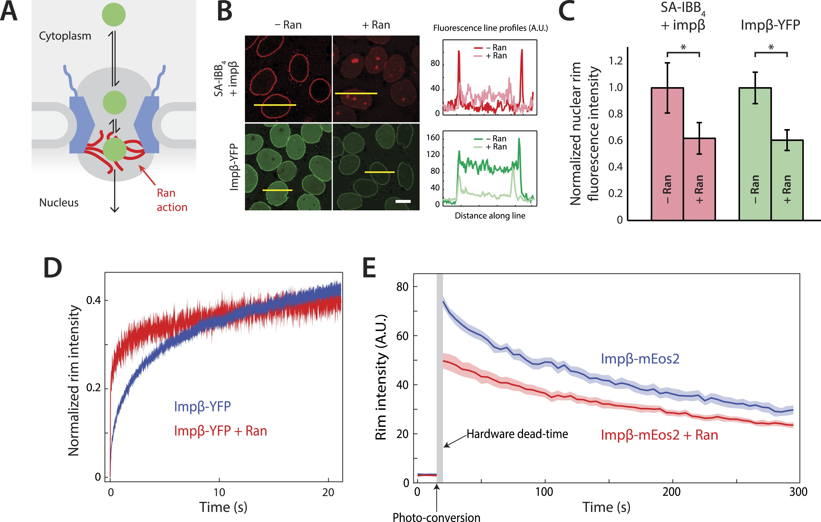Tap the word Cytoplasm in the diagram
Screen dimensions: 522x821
tap(65, 36)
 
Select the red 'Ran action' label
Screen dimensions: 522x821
tap(172, 200)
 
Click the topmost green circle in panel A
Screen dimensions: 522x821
tap(114, 15)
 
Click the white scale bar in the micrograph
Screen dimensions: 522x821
tap(403, 201)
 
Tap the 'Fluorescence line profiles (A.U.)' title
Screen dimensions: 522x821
tap(490, 28)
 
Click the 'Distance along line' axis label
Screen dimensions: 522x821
tap(490, 216)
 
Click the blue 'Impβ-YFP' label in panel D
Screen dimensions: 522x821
tap(202, 406)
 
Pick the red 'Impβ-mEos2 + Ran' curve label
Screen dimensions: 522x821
tap(659, 435)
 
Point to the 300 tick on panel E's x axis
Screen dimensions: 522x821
tap(798, 492)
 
